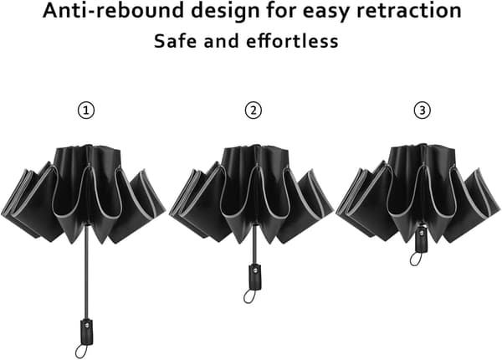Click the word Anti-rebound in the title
point(113,10)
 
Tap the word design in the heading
point(225,12)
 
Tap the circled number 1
point(86,111)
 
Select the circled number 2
point(254,111)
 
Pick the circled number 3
point(423,111)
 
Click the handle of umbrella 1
point(87,332)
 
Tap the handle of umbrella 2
point(255,277)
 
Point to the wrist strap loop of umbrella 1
point(81,351)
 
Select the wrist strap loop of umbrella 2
point(249,296)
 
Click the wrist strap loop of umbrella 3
point(416,259)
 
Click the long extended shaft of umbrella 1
point(87,272)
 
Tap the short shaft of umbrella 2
point(255,245)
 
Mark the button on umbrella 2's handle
point(255,270)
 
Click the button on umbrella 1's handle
point(87,325)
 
